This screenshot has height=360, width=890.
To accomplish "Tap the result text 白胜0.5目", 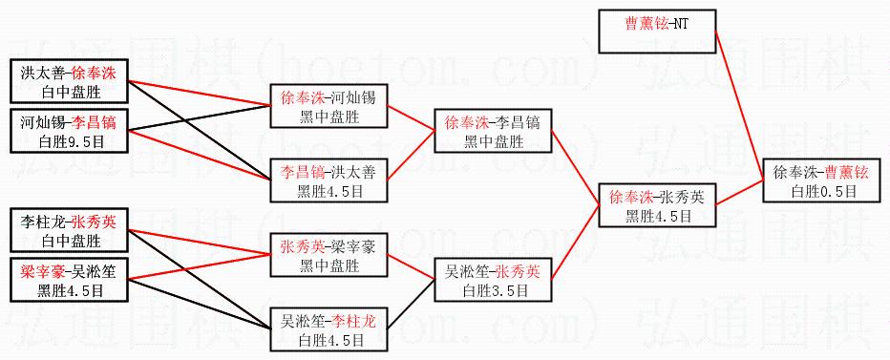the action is [x=823, y=191].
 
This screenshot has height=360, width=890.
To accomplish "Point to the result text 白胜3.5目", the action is [x=496, y=290].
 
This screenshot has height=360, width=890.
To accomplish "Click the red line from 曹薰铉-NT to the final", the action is [x=739, y=106].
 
